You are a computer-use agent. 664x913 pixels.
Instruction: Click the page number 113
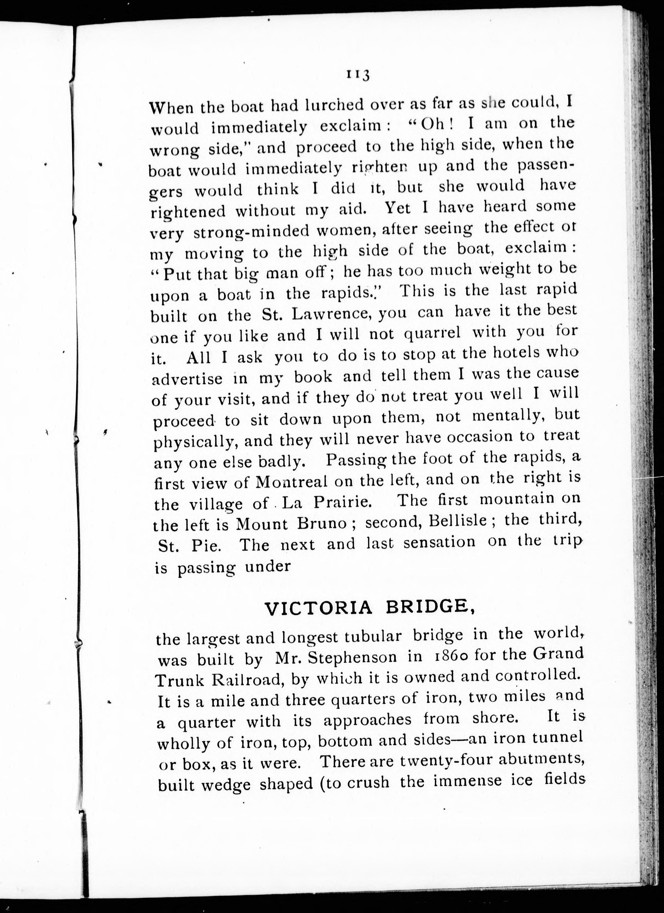click(357, 76)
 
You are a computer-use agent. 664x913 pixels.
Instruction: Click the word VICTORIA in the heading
click(318, 609)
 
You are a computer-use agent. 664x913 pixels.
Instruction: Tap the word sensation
click(439, 543)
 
